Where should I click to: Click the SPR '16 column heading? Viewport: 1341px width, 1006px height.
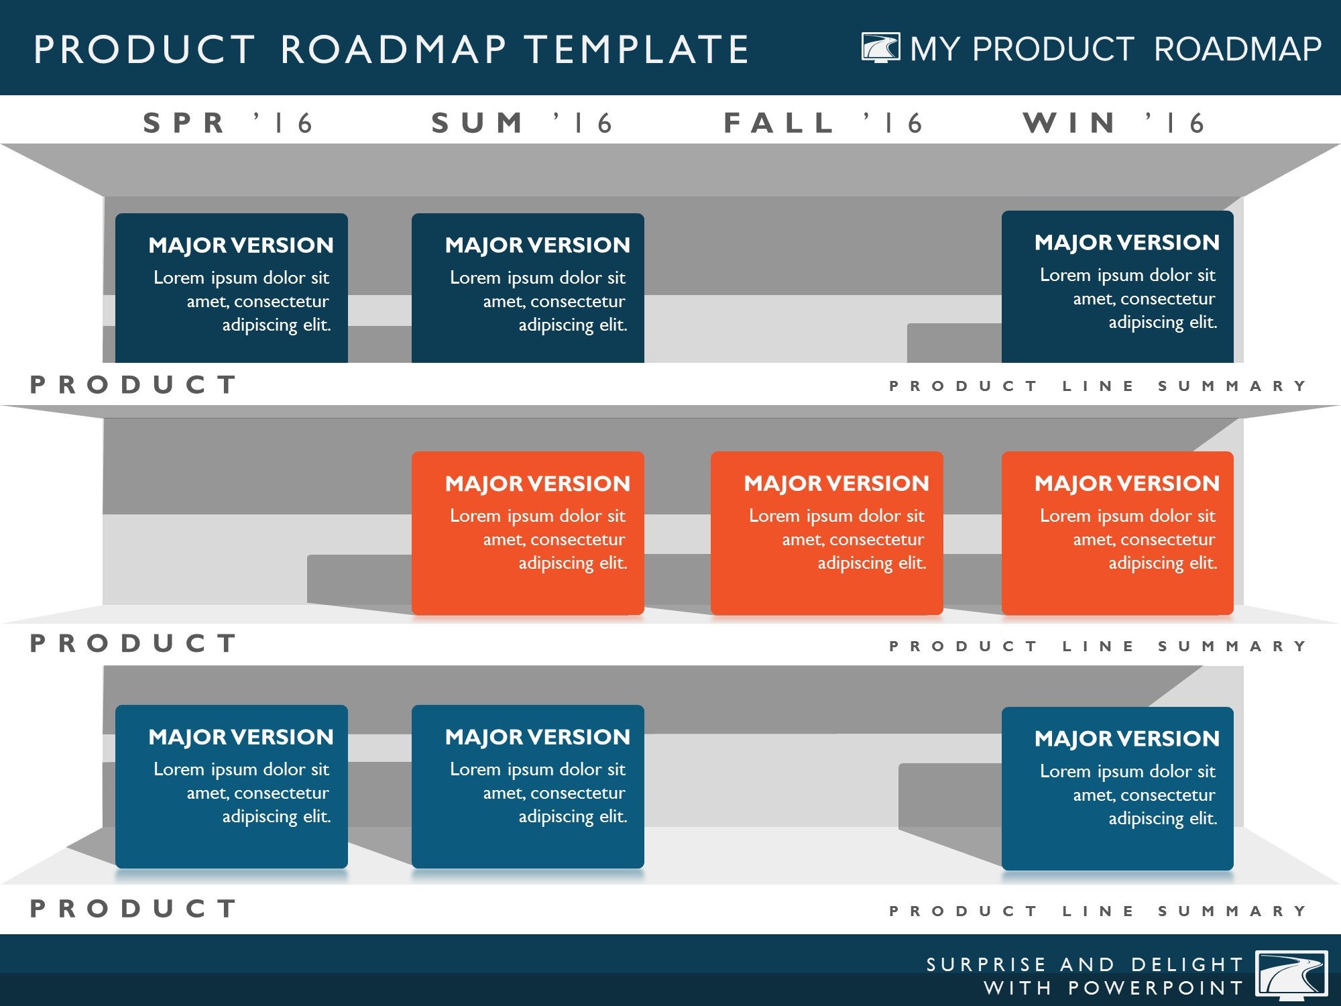(228, 123)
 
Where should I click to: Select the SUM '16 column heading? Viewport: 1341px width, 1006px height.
(522, 123)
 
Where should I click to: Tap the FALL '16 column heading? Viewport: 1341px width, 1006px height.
(823, 123)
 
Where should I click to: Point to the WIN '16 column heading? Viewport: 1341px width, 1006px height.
(1114, 123)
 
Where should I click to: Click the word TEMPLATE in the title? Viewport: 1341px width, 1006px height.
(636, 50)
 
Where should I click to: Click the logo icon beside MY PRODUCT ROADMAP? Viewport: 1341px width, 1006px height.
(880, 48)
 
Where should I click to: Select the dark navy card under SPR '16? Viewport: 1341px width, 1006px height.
(231, 288)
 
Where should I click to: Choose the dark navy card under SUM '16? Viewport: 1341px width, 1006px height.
(528, 288)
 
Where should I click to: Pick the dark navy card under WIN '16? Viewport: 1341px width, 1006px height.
(1118, 287)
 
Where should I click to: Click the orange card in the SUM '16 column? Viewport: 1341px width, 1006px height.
(528, 533)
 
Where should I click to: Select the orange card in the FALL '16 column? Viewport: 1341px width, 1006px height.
(827, 533)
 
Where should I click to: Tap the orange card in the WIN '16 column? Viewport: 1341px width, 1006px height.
(1118, 533)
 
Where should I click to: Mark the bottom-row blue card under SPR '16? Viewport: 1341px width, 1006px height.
(231, 787)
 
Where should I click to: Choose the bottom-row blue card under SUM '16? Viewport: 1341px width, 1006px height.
(528, 787)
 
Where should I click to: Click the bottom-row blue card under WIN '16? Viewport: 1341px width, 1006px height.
(1118, 789)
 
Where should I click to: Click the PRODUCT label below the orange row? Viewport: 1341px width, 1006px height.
(133, 643)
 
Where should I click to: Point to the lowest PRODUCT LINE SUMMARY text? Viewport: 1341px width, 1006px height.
(1098, 911)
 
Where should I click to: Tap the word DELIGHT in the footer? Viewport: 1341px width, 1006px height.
(1187, 964)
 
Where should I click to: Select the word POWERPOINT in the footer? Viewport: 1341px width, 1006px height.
(1156, 988)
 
